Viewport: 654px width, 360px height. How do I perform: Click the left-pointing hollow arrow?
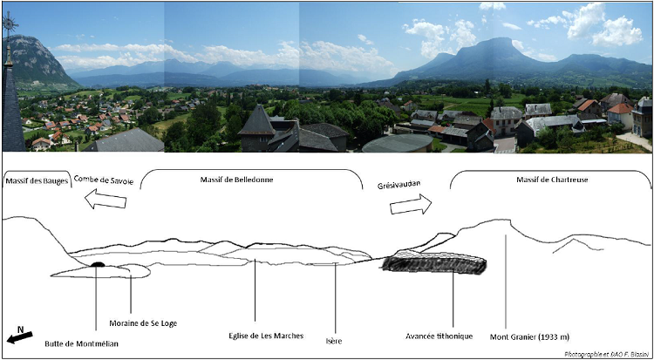point(106,200)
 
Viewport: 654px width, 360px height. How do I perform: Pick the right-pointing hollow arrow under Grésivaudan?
point(411,204)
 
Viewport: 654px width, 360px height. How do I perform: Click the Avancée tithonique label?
point(439,336)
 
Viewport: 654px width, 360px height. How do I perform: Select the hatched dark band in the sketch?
point(434,263)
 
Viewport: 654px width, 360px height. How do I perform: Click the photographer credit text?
point(607,354)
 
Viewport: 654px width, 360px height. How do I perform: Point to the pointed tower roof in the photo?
point(257,119)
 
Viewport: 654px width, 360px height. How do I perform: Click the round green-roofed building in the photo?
point(398,143)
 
